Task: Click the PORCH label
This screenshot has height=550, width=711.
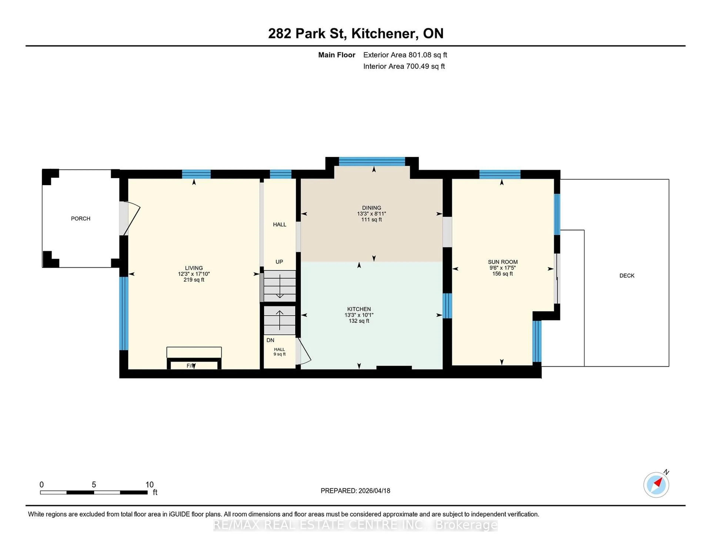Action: (x=80, y=218)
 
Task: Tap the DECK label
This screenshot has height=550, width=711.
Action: (x=627, y=276)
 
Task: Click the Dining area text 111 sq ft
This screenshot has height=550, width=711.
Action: (x=371, y=220)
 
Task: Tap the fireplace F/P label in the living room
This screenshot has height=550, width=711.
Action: (x=191, y=366)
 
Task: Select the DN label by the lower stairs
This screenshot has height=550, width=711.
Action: (x=270, y=340)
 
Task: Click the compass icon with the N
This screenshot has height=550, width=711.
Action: (x=656, y=485)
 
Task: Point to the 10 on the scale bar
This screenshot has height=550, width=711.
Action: (x=149, y=485)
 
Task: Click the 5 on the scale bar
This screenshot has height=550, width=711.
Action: (x=94, y=485)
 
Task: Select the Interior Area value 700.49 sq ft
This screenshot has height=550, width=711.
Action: (x=425, y=66)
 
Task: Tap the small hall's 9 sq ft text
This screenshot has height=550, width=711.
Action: (x=279, y=354)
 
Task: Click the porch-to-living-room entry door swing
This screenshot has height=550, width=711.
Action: (x=132, y=218)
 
